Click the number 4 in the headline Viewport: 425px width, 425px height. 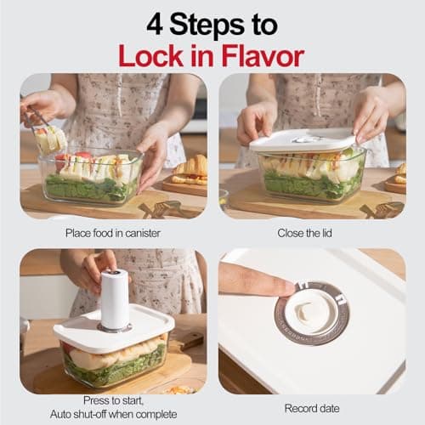click(x=155, y=23)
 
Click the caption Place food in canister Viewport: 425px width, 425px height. click(x=112, y=232)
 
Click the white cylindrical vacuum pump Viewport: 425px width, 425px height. click(x=114, y=298)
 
